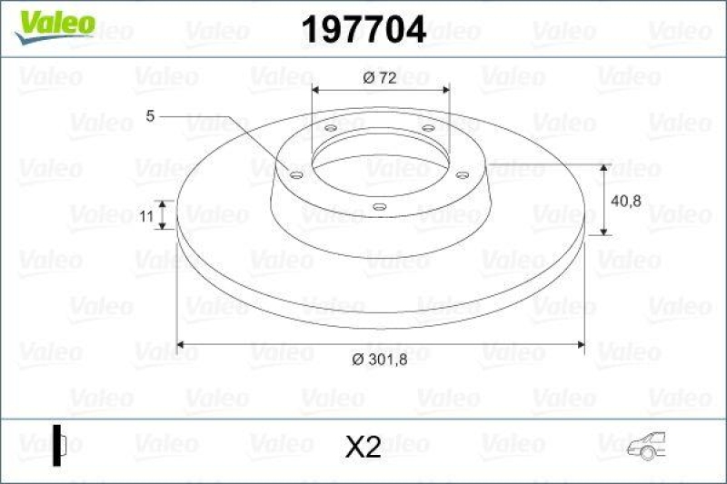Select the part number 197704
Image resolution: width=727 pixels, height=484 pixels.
pos(363,30)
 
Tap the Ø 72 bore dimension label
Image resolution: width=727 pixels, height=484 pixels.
pos(380,78)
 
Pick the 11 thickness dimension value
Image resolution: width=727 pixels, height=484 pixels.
pos(145,215)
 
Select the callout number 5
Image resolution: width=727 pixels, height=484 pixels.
pos(151,115)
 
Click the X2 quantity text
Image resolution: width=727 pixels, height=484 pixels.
pos(363,446)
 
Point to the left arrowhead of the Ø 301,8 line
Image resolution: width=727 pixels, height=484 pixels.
pos(180,344)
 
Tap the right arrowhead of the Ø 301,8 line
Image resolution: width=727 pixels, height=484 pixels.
pos(581,344)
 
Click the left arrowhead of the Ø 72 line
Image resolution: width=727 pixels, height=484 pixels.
pos(315,90)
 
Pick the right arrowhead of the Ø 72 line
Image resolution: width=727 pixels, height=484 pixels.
pos(446,90)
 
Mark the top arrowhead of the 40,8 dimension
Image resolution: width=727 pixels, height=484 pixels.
pos(605,168)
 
